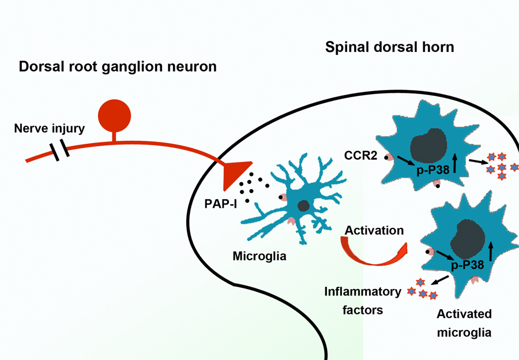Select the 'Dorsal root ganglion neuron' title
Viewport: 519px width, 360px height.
point(118,66)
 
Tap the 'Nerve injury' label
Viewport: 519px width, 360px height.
point(49,128)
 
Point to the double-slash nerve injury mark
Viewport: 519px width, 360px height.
point(59,151)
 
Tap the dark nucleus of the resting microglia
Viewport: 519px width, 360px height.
point(303,206)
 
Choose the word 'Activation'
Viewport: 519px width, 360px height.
point(374,230)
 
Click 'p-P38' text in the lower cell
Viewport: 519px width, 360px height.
point(467,265)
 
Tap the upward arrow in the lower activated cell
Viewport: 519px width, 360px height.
point(491,252)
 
